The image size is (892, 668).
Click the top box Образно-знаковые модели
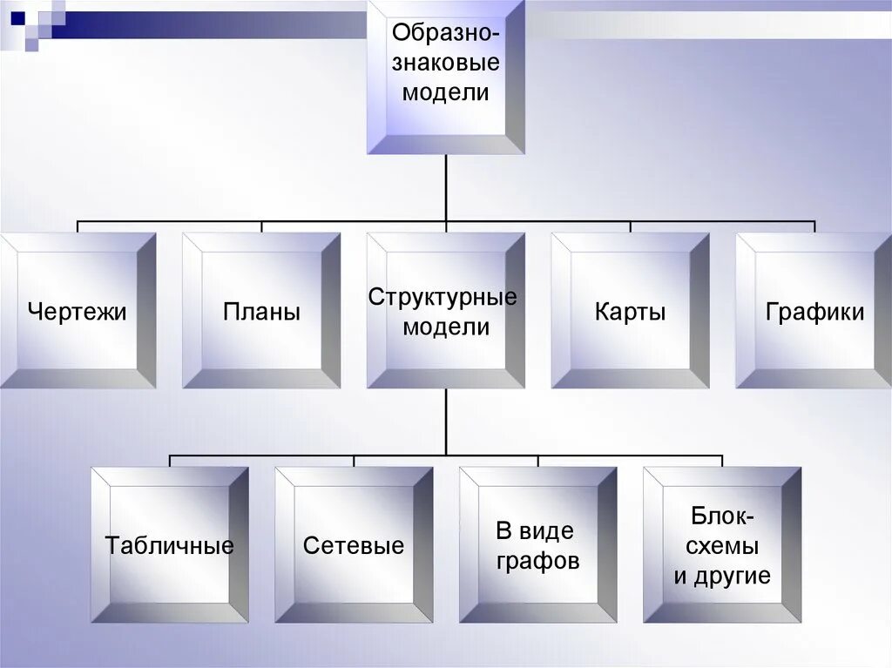point(445,77)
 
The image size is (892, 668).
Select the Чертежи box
point(77,310)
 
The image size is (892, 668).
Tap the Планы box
point(261,310)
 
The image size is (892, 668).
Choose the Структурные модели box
point(445,310)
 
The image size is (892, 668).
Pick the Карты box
point(630,310)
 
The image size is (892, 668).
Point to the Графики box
point(814,310)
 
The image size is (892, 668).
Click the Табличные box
point(170,545)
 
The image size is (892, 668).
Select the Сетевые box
point(354,545)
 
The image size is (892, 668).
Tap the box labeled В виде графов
point(537,545)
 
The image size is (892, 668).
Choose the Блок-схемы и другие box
point(722,545)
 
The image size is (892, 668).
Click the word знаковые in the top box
point(445,63)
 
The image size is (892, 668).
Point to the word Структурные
point(443,297)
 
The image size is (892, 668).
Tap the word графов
point(538,561)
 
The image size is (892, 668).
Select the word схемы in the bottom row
point(722,546)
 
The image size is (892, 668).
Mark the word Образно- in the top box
point(445,34)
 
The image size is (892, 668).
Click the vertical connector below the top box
point(445,187)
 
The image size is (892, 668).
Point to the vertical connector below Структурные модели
point(445,422)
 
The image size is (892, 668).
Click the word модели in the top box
point(445,92)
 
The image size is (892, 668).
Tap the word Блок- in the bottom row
point(723,516)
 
